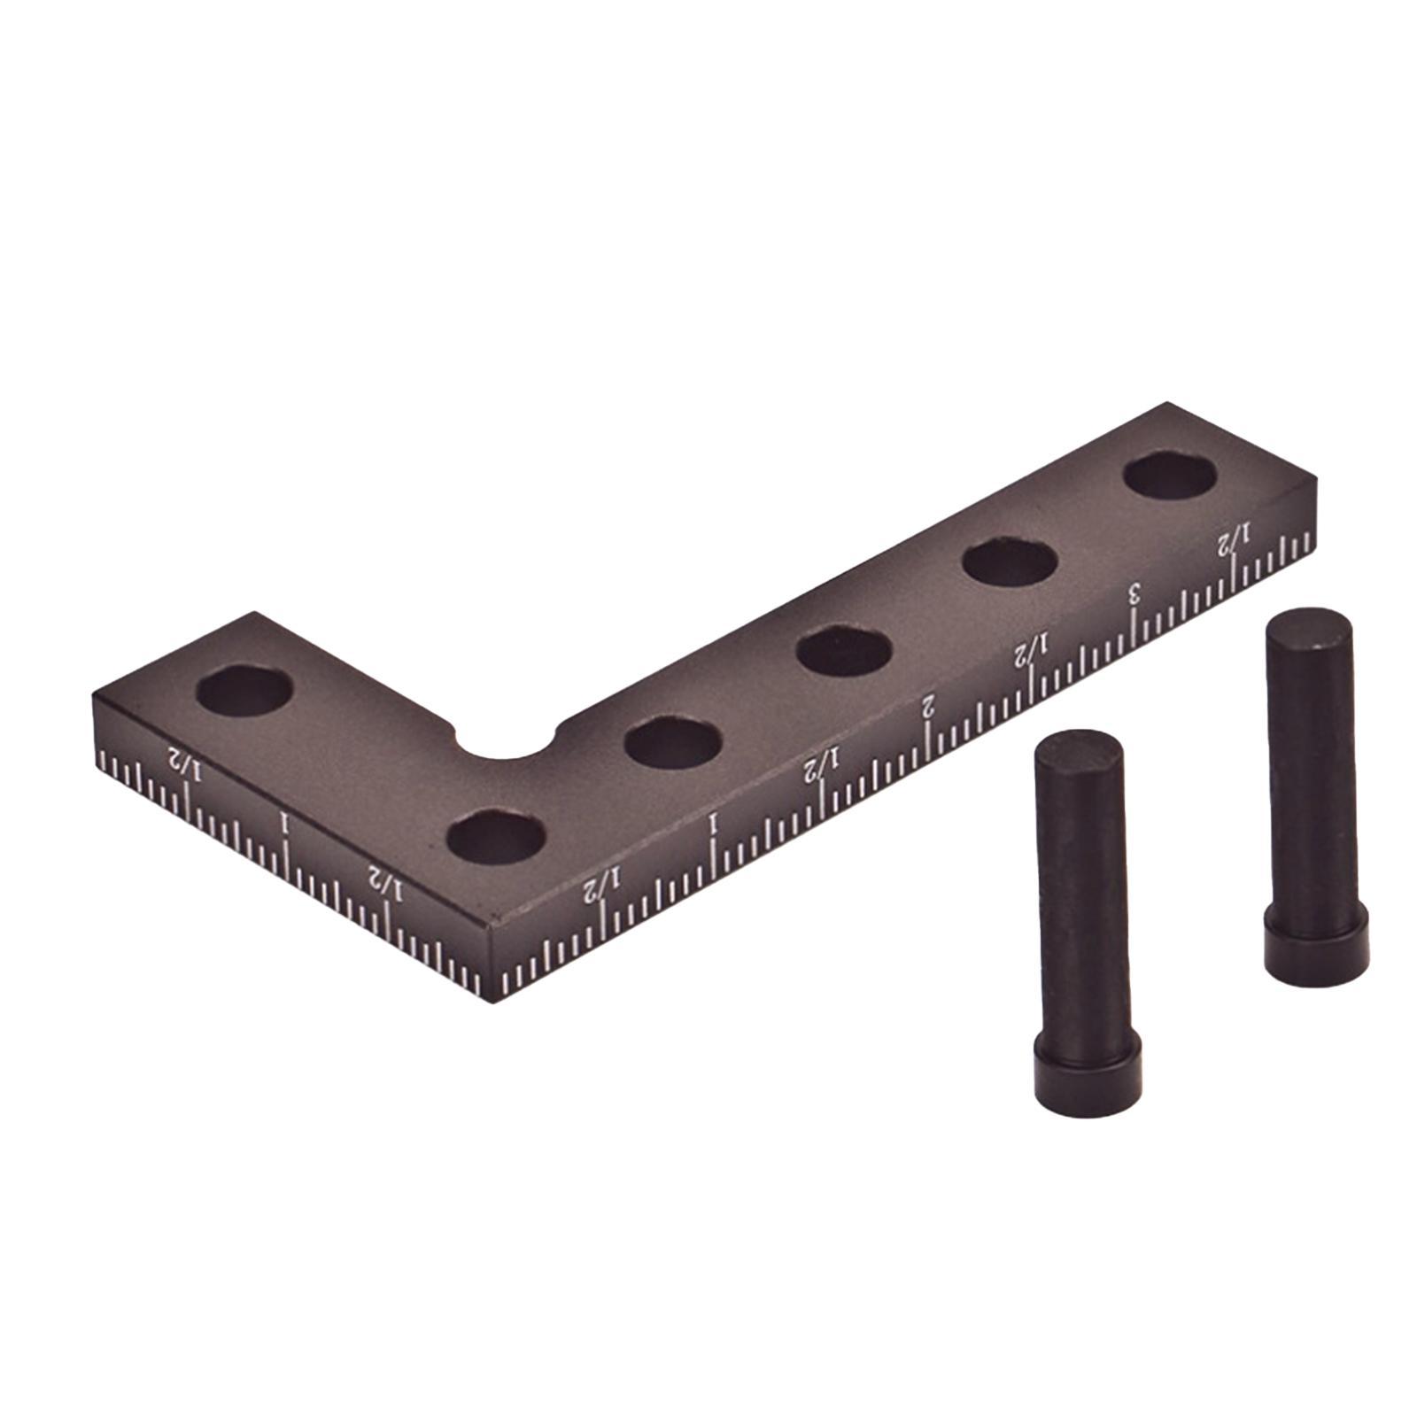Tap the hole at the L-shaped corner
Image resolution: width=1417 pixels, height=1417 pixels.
point(495,836)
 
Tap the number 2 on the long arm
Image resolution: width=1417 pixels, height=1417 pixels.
point(927,706)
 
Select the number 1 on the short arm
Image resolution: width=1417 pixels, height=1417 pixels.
point(284,824)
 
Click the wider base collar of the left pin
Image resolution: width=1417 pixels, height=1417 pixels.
point(1088,1072)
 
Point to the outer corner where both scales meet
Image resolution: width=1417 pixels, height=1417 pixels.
point(490,925)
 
